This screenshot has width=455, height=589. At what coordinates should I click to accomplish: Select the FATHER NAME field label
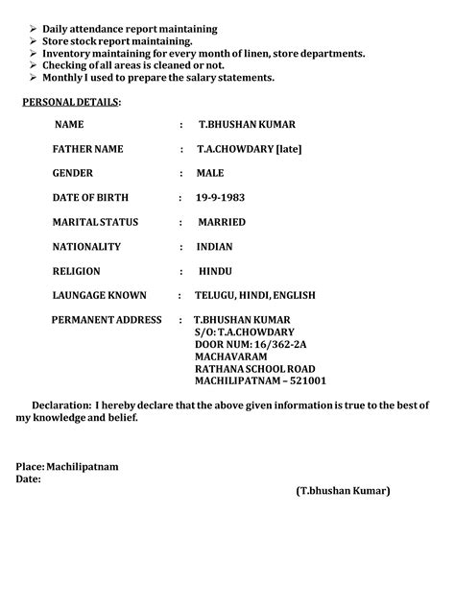[x=88, y=149]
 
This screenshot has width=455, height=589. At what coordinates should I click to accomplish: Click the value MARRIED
[x=221, y=222]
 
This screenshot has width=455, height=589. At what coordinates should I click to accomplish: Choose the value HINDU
[x=214, y=271]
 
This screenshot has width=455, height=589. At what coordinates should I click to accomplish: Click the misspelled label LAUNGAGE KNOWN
[x=99, y=295]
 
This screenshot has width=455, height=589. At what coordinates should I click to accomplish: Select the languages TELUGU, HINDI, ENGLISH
[x=254, y=295]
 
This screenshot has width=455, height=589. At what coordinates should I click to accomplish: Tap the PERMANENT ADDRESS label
[x=107, y=319]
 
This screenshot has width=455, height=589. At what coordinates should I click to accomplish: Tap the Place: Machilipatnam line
[x=67, y=466]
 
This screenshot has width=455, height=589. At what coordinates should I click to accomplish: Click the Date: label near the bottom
[x=28, y=479]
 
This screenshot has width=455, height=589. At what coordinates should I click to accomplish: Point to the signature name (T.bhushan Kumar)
[x=343, y=491]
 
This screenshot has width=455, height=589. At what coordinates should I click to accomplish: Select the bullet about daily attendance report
[x=130, y=29]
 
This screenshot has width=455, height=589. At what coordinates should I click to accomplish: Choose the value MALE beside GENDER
[x=210, y=173]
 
